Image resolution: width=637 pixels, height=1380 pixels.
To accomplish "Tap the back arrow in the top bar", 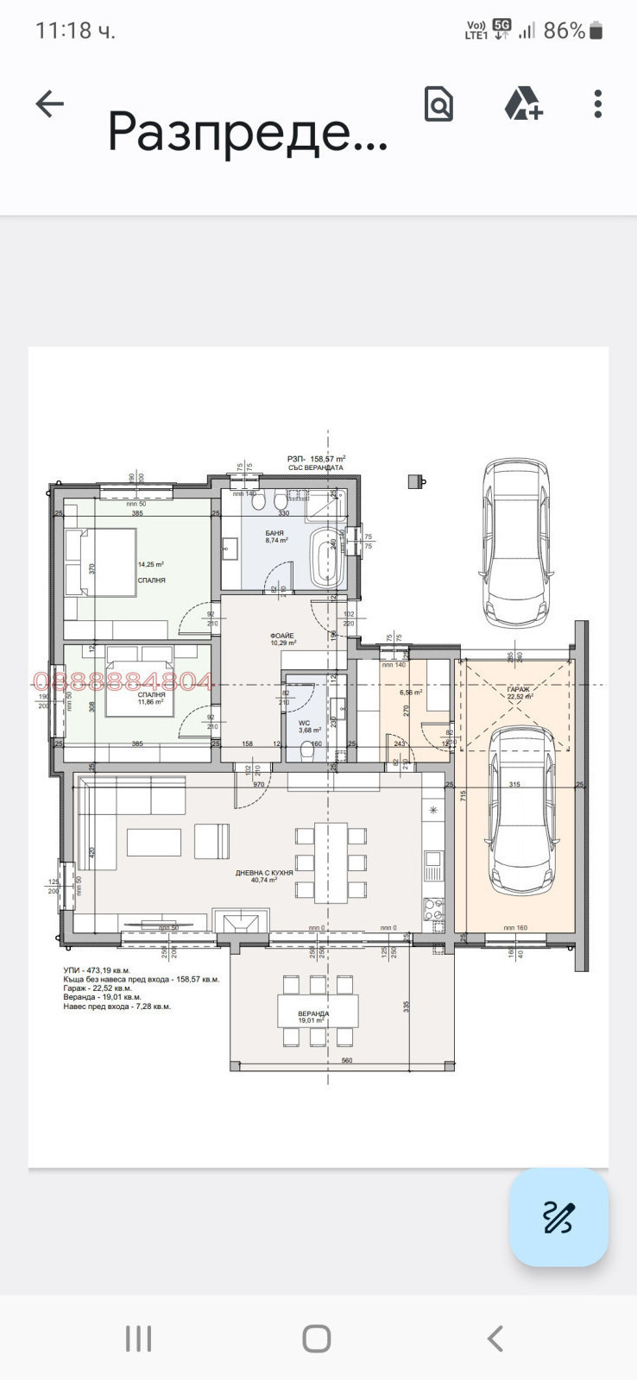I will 50,104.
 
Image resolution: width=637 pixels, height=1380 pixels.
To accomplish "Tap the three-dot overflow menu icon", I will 597,104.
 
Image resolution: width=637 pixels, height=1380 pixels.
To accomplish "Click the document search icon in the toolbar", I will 438,104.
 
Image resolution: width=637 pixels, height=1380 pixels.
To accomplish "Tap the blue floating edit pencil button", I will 558,1217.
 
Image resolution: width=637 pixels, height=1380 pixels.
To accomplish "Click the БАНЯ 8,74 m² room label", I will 275,536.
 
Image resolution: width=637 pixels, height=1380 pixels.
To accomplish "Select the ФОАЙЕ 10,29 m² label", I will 282,639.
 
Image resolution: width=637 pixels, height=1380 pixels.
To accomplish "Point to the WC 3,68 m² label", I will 309,726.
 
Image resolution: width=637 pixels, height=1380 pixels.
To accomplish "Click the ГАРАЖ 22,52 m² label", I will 520,693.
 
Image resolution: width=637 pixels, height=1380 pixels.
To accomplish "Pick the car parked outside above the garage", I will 515,542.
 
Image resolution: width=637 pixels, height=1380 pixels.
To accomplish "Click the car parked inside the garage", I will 521,811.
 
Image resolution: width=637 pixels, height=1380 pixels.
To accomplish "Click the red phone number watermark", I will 123,682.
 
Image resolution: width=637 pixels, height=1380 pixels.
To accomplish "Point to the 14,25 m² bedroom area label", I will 151,565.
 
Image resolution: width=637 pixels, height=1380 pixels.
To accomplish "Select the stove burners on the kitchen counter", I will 433,907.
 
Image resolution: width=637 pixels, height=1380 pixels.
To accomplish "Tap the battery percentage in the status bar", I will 564,31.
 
